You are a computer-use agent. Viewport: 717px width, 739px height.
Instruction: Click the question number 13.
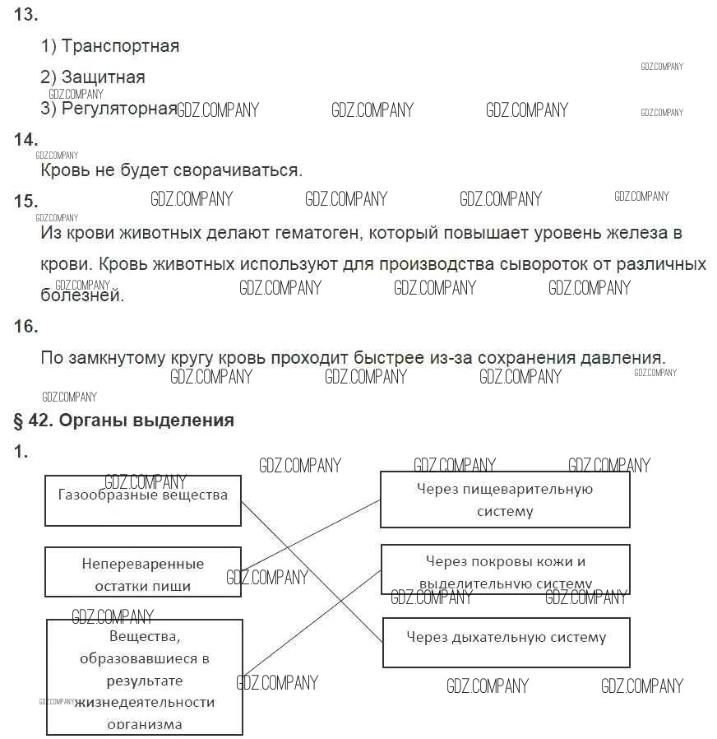pyautogui.click(x=26, y=15)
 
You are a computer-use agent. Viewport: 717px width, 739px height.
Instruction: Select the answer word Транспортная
pyautogui.click(x=120, y=46)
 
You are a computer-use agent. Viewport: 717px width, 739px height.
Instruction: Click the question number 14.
pyautogui.click(x=26, y=140)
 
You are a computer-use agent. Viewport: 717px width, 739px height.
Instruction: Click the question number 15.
pyautogui.click(x=26, y=202)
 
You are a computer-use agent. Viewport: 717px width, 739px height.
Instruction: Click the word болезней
pyautogui.click(x=82, y=295)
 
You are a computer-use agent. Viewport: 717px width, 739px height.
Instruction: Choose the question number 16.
pyautogui.click(x=26, y=327)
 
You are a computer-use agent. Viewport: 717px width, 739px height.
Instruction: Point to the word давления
pyautogui.click(x=625, y=359)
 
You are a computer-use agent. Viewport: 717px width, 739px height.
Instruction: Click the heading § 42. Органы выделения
pyautogui.click(x=124, y=421)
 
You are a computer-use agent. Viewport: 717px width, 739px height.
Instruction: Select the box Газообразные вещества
pyautogui.click(x=143, y=500)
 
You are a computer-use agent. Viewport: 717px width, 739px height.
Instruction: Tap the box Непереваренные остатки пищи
pyautogui.click(x=143, y=572)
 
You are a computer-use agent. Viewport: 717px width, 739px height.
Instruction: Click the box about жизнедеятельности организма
pyautogui.click(x=145, y=677)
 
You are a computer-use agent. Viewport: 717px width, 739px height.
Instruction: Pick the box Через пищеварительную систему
pyautogui.click(x=505, y=500)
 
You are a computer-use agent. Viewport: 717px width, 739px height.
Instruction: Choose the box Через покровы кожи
pyautogui.click(x=505, y=569)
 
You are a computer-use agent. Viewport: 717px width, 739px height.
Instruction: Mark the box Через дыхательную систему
pyautogui.click(x=506, y=643)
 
